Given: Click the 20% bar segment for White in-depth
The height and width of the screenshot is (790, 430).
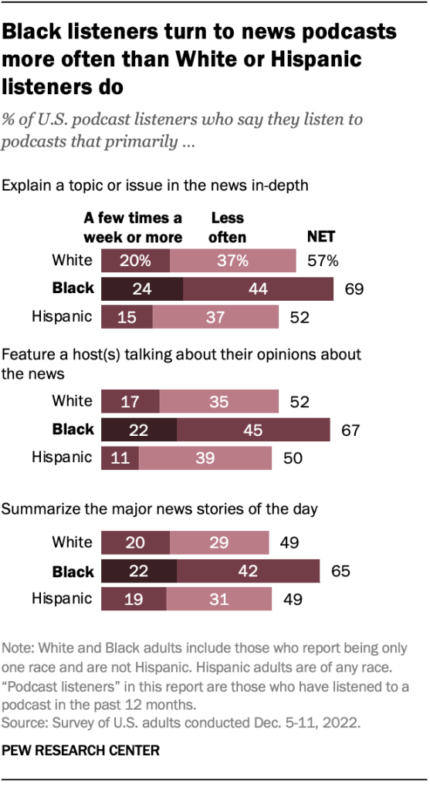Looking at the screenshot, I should pyautogui.click(x=136, y=261).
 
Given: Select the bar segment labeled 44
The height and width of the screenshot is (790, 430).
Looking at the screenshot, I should pyautogui.click(x=259, y=289).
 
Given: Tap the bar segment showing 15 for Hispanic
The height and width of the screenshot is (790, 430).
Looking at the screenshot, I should pyautogui.click(x=127, y=316).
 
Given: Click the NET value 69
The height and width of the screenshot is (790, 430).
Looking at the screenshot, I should pyautogui.click(x=354, y=289).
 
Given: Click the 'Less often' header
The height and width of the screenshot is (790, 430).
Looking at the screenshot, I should pyautogui.click(x=227, y=229).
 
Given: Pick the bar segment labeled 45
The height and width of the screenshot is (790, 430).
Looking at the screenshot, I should pyautogui.click(x=253, y=429).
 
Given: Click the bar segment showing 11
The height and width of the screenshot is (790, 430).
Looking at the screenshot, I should pyautogui.click(x=120, y=457).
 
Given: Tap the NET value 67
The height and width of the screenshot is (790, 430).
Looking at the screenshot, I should pyautogui.click(x=350, y=430).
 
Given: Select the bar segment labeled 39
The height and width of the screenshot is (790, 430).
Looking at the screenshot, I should pyautogui.click(x=205, y=457).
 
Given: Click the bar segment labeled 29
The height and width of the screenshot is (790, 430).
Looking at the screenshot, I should pyautogui.click(x=219, y=543).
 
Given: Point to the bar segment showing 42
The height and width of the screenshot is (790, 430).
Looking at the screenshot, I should pyautogui.click(x=248, y=572).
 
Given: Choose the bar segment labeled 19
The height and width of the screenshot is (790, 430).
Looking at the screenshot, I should pyautogui.click(x=134, y=599).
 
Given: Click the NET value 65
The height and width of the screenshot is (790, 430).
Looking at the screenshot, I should pyautogui.click(x=340, y=572).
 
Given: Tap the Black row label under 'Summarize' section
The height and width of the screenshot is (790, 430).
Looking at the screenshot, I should pyautogui.click(x=73, y=572).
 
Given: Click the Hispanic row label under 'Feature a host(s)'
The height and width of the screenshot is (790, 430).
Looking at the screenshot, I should pyautogui.click(x=62, y=457).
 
